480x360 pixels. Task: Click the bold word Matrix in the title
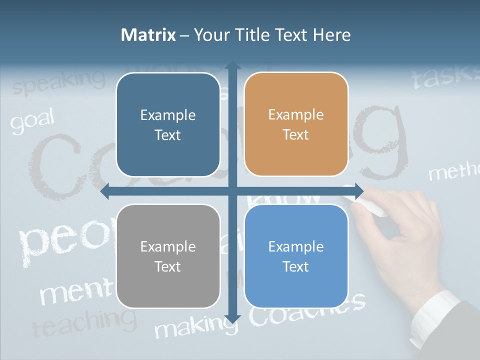point(148,35)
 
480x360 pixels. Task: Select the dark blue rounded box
point(168,124)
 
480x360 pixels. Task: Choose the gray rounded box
point(168,256)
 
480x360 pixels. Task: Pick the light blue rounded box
point(296,256)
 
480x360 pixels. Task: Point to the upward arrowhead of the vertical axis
point(232,66)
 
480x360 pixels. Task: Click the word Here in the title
point(331,35)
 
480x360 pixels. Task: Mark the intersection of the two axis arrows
point(232,190)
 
